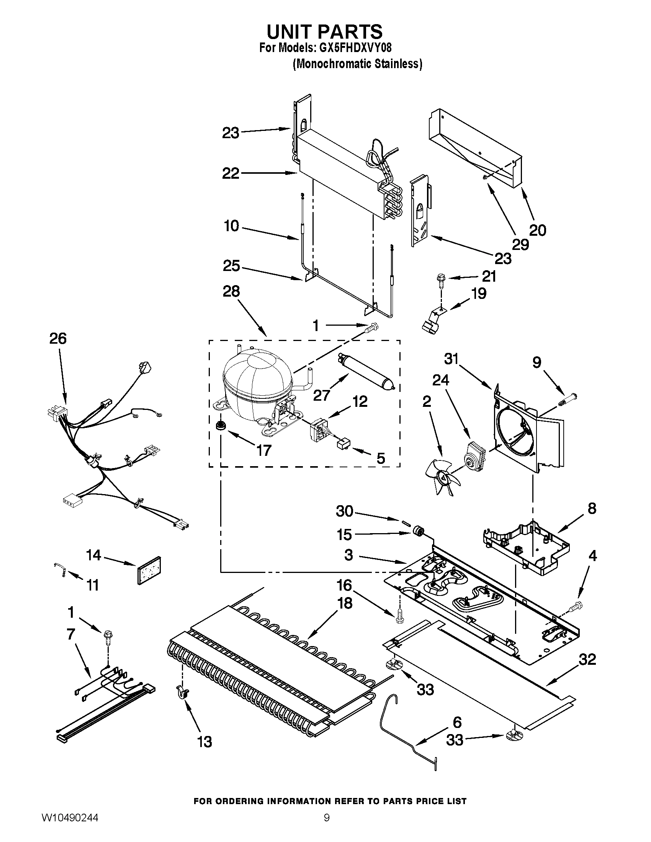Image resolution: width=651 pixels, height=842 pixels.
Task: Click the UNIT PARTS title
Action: (x=324, y=32)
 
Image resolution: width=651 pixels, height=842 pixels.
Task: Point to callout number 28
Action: (x=231, y=292)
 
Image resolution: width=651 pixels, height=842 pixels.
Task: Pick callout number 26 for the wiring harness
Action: (x=58, y=338)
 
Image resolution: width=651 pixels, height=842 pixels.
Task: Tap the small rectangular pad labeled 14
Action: (x=149, y=570)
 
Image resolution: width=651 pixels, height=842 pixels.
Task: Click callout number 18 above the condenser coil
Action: (x=344, y=603)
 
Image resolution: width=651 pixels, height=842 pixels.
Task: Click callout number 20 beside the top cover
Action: (x=537, y=230)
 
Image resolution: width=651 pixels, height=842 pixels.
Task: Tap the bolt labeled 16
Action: (x=399, y=618)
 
